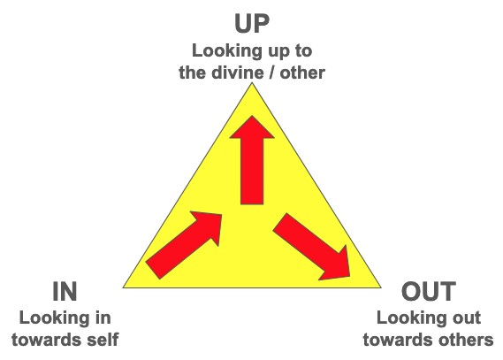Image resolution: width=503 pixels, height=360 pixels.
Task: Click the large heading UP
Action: pos(252,23)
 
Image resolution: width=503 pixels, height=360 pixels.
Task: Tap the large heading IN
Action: pos(65,291)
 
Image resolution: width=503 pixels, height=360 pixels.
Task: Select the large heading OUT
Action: pos(429,291)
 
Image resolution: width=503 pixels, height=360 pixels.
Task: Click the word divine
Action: pos(239,73)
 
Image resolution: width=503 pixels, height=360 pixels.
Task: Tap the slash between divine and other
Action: pos(273,73)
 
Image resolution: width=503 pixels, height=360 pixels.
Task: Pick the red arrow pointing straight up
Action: pos(252,160)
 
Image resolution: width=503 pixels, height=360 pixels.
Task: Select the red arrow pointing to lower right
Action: pos(311,247)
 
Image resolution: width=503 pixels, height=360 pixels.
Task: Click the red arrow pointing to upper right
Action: pos(184,245)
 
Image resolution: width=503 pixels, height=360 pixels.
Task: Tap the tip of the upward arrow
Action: pos(252,116)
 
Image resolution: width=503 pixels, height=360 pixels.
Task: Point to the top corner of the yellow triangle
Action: pos(252,83)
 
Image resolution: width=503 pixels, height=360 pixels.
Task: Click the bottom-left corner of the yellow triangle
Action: pos(123,287)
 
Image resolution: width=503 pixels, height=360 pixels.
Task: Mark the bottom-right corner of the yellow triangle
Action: pos(381,287)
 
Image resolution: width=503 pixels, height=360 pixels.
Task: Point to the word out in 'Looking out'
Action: pos(466,318)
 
